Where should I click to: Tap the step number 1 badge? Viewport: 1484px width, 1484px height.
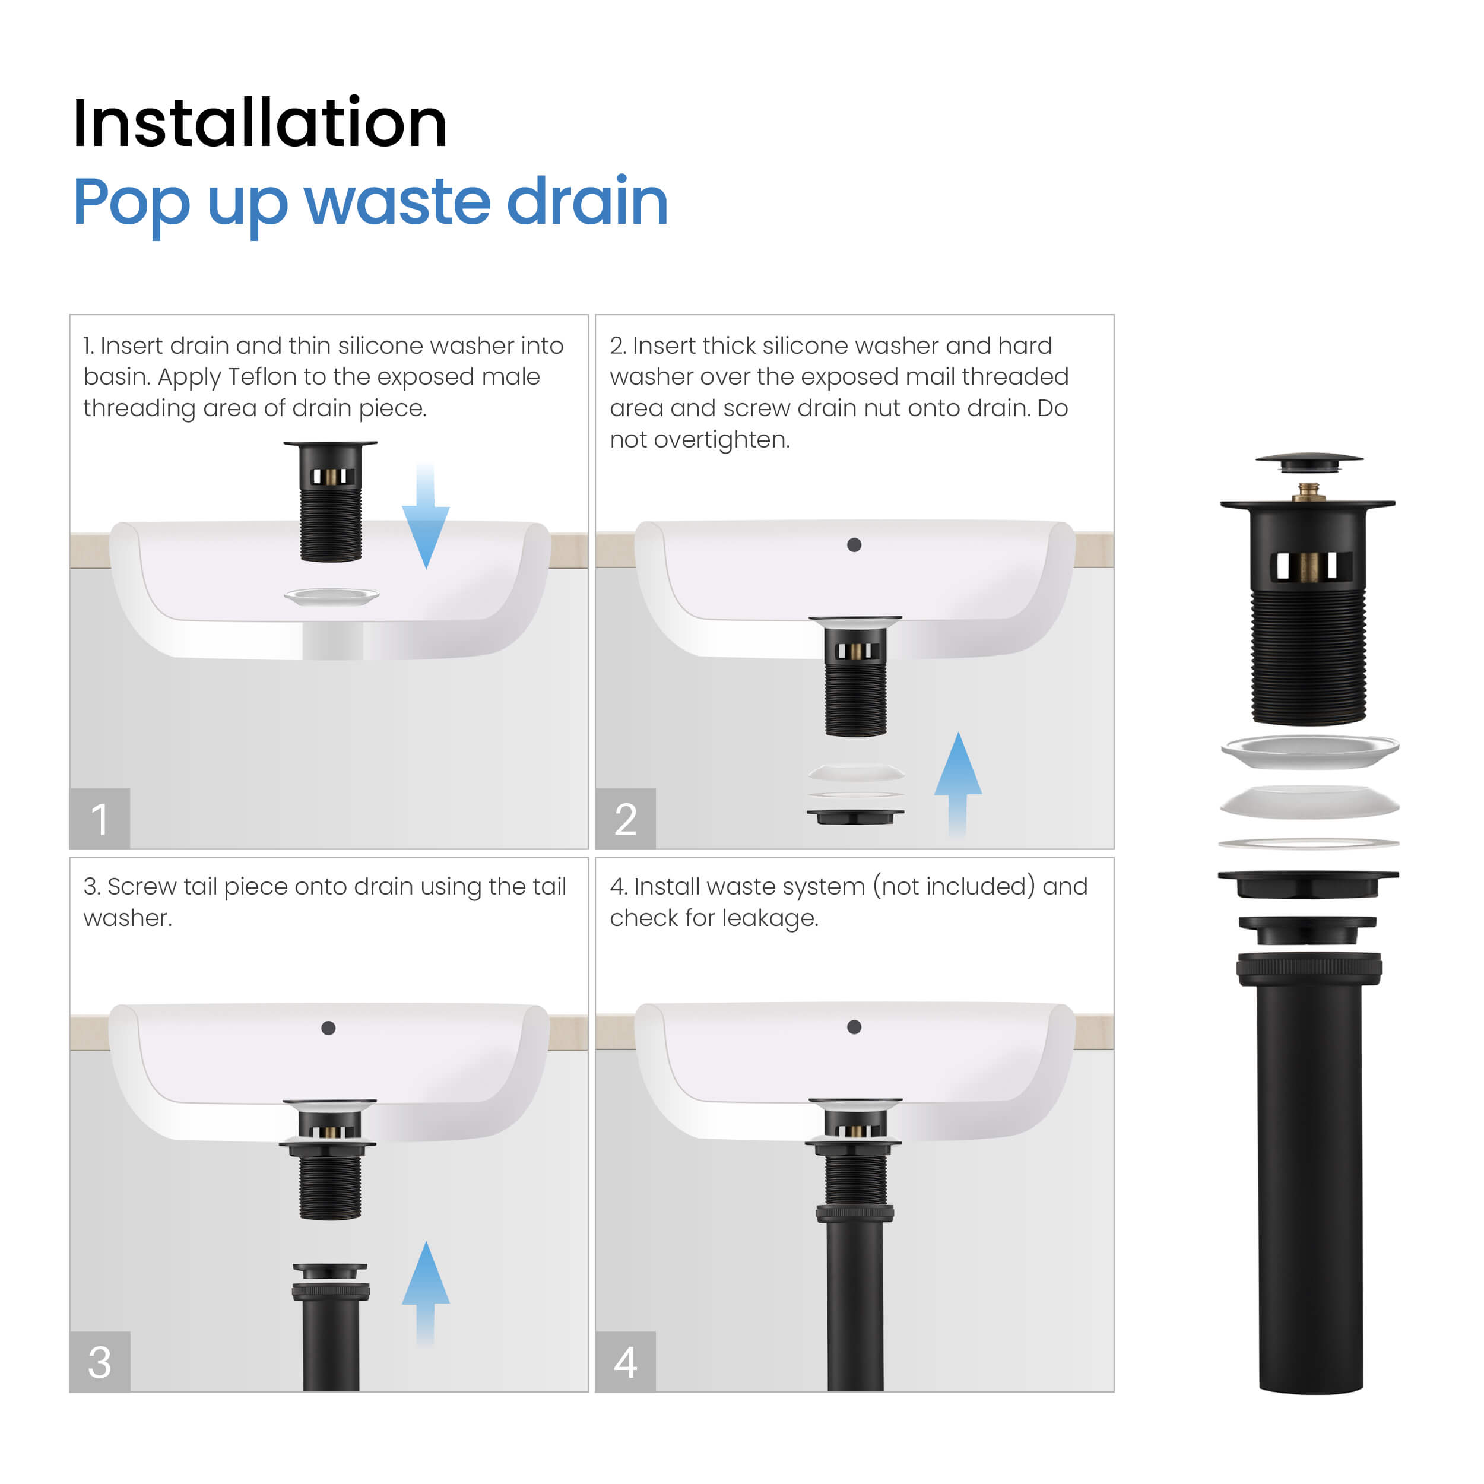click(x=100, y=819)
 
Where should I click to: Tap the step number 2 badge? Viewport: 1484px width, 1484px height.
click(x=625, y=819)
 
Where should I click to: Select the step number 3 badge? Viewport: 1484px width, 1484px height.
click(x=100, y=1362)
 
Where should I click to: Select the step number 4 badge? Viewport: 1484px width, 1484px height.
click(x=625, y=1362)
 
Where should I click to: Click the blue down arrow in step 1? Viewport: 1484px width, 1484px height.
click(x=426, y=516)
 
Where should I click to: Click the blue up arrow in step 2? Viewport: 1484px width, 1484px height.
click(x=958, y=784)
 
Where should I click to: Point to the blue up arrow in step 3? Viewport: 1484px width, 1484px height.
click(x=426, y=1293)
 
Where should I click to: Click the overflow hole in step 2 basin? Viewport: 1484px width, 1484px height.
click(x=854, y=544)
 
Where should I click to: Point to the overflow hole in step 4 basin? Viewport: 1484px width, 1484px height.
click(x=854, y=1027)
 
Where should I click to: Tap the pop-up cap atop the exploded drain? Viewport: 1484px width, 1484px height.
click(x=1309, y=462)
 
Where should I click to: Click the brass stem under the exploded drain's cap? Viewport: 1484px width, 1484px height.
click(x=1308, y=492)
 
